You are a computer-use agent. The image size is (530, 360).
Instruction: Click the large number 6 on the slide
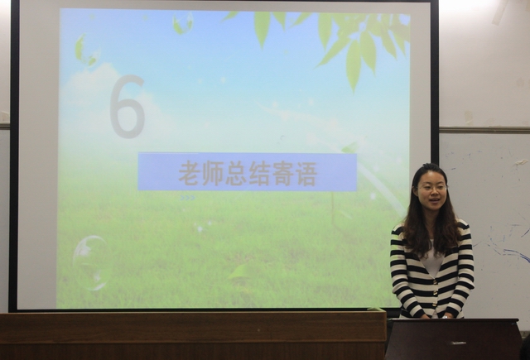(128, 107)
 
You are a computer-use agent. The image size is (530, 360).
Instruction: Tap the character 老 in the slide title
(189, 174)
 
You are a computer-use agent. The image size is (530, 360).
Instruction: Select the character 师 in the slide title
(212, 174)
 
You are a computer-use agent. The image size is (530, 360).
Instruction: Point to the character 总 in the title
(235, 174)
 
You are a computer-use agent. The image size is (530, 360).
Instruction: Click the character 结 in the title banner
(259, 174)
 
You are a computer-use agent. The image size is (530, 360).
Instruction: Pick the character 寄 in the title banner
(283, 174)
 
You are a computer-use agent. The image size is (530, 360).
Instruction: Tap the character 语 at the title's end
(306, 174)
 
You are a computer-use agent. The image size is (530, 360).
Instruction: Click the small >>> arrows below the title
(188, 198)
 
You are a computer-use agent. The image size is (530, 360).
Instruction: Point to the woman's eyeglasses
(432, 187)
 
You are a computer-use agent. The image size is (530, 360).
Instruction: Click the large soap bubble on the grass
(90, 262)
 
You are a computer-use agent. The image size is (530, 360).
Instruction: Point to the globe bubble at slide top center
(183, 22)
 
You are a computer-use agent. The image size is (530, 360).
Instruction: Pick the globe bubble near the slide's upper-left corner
(86, 50)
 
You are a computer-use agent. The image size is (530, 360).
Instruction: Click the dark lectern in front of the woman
(453, 339)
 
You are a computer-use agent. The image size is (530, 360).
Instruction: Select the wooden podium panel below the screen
(193, 336)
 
